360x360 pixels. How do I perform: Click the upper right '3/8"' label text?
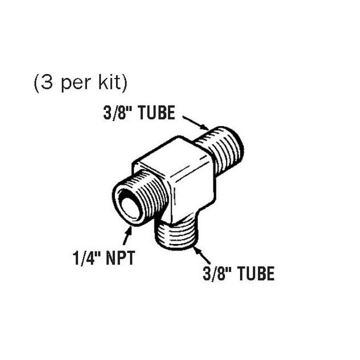click(x=114, y=113)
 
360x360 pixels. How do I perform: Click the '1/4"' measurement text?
click(x=84, y=260)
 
